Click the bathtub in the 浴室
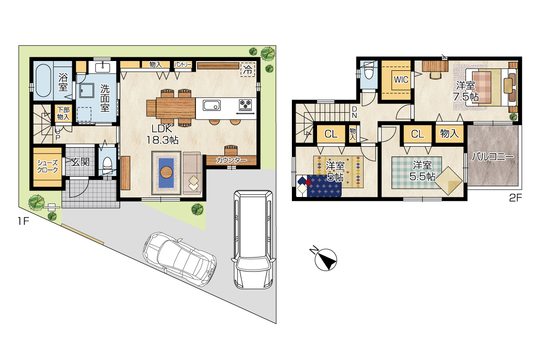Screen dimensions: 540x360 [43, 81]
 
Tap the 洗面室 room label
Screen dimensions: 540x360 [105, 98]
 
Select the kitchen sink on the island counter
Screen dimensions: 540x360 [212, 105]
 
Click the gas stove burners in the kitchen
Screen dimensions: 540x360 [245, 104]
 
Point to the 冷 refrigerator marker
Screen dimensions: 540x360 [248, 69]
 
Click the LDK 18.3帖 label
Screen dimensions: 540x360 [162, 134]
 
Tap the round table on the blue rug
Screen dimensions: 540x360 [166, 171]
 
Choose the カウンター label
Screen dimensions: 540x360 [231, 160]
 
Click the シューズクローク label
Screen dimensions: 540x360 [47, 166]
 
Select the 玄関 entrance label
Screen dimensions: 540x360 [80, 162]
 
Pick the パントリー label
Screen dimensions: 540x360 [182, 64]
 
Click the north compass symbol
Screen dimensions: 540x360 [325, 258]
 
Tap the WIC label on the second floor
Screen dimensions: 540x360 [401, 80]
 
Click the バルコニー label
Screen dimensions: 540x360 [493, 157]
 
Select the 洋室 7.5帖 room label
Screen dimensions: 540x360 [466, 91]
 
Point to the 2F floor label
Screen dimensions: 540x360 [515, 198]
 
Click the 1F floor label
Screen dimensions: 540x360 [23, 221]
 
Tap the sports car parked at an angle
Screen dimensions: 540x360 [179, 259]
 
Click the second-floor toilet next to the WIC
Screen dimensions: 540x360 [368, 72]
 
